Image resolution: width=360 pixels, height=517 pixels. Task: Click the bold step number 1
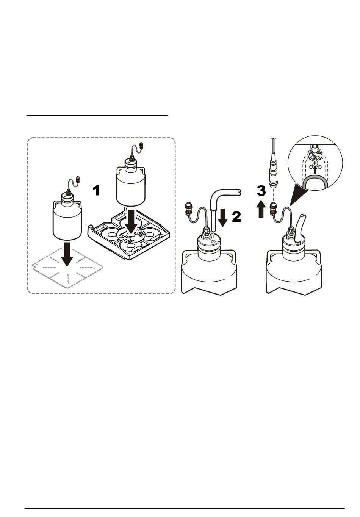pyautogui.click(x=97, y=190)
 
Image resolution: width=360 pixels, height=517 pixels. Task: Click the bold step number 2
pyautogui.click(x=236, y=217)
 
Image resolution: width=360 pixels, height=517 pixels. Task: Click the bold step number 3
pyautogui.click(x=261, y=191)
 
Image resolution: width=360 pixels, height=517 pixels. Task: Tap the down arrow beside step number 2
pyautogui.click(x=223, y=217)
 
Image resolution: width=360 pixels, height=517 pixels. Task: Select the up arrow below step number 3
pyautogui.click(x=261, y=209)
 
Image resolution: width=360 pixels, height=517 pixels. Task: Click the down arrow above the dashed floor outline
pyautogui.click(x=67, y=255)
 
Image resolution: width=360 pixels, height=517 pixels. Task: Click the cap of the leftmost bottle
pyautogui.click(x=67, y=198)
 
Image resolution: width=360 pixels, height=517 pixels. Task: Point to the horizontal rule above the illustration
pyautogui.click(x=97, y=114)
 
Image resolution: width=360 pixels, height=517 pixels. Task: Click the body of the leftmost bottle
pyautogui.click(x=67, y=224)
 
